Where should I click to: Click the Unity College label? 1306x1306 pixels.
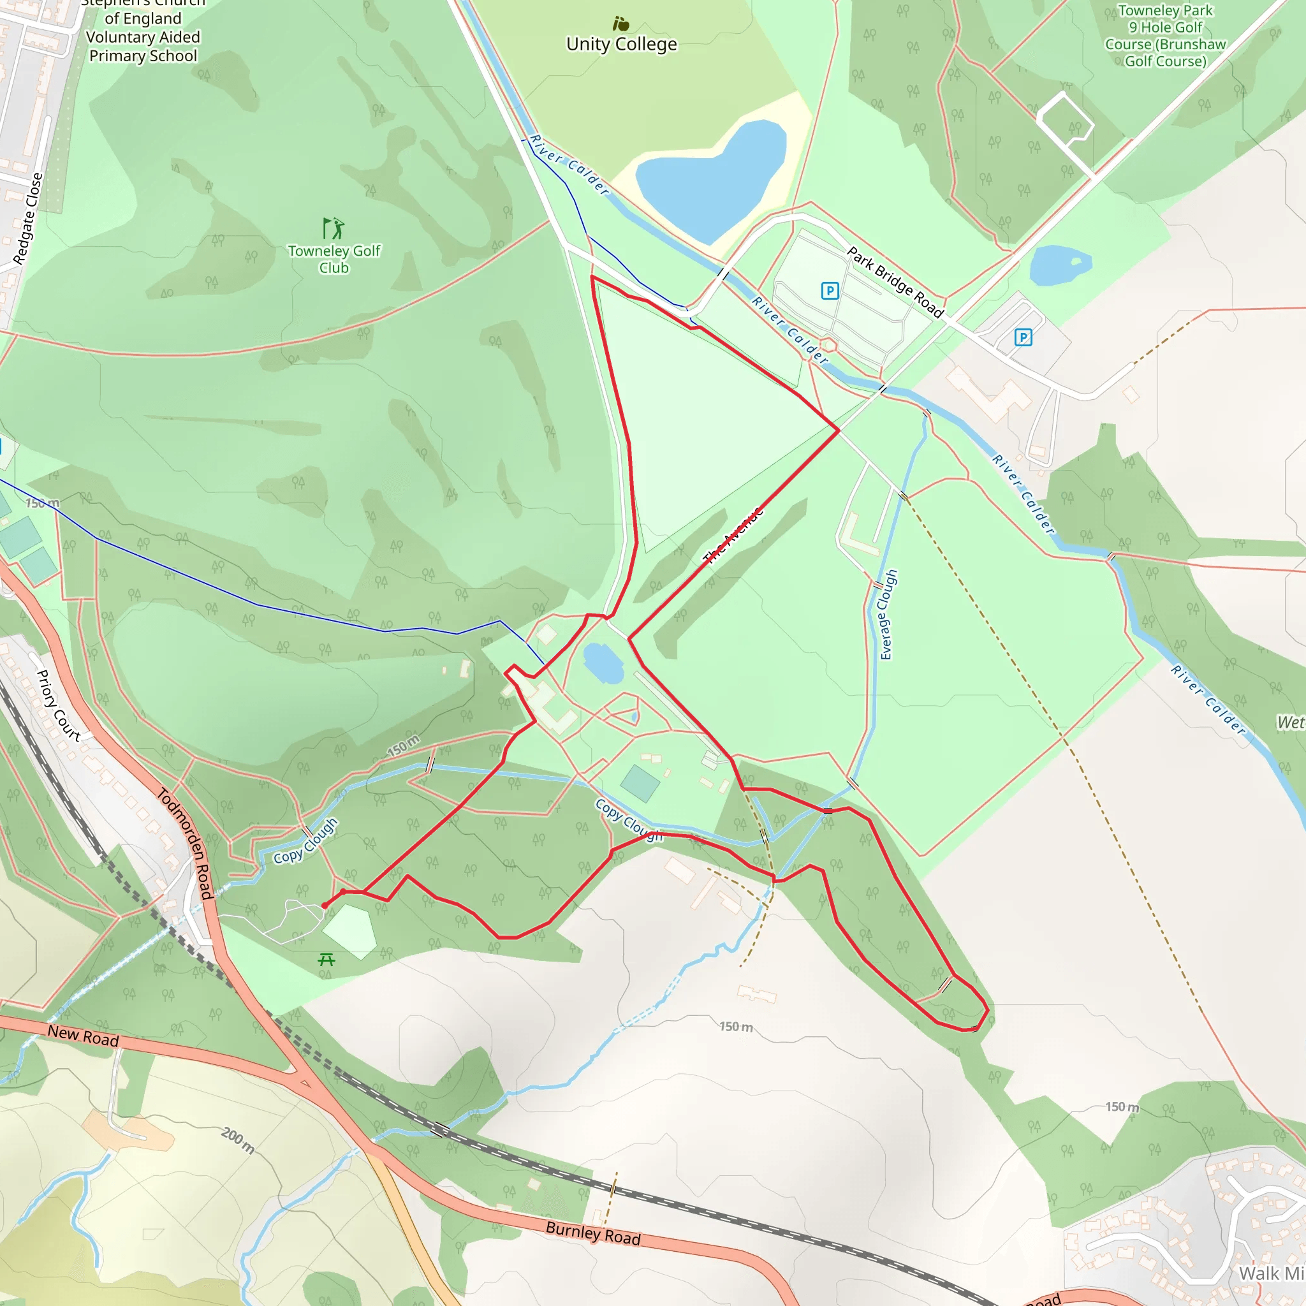[x=621, y=45]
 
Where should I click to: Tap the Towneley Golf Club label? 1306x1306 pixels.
[x=334, y=259]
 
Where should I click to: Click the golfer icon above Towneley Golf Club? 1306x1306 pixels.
[x=334, y=228]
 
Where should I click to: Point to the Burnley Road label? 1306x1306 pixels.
[x=593, y=1232]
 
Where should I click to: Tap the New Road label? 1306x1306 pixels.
[x=83, y=1035]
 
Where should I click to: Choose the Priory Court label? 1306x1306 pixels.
[x=58, y=706]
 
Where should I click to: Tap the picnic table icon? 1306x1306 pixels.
[x=326, y=959]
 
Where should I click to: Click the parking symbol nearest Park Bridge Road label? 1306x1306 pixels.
[x=830, y=291]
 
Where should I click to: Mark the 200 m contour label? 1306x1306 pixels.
[x=238, y=1140]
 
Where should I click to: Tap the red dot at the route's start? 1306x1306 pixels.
[x=325, y=905]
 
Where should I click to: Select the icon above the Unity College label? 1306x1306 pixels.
[x=620, y=24]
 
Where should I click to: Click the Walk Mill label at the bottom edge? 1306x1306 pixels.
[x=1271, y=1273]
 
